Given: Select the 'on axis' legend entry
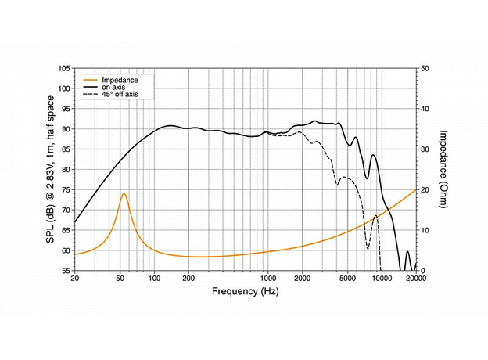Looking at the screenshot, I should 115,87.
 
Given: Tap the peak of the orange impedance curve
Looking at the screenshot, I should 124,193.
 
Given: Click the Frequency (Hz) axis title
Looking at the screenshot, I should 244,292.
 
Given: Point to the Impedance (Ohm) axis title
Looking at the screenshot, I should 443,169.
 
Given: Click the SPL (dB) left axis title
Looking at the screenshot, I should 49,169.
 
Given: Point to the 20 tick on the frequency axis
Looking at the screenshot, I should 74,279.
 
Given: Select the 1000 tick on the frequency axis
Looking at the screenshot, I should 267,279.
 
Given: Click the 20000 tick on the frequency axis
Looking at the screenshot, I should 415,279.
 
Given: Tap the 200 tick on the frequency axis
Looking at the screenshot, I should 188,279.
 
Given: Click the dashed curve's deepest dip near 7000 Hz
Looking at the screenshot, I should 368,249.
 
